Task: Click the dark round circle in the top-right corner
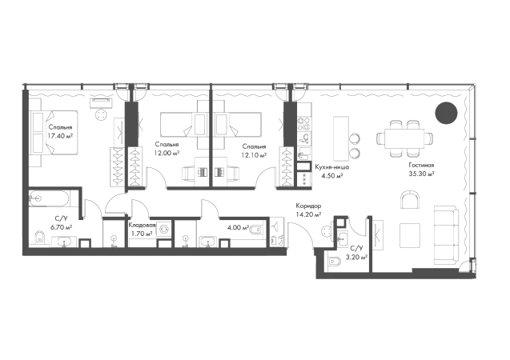[x=445, y=113]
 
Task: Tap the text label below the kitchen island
[x=330, y=168]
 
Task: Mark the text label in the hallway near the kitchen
[x=310, y=210]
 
